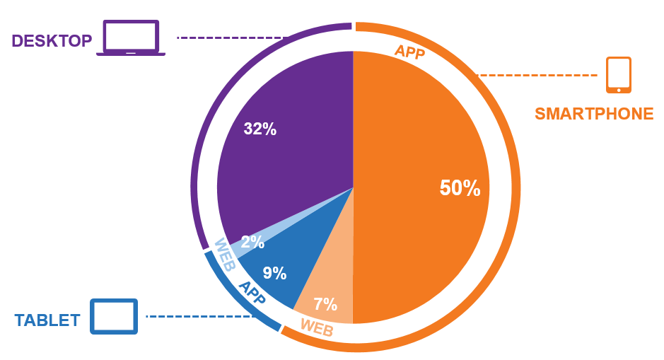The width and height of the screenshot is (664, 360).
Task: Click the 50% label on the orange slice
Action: [x=460, y=188]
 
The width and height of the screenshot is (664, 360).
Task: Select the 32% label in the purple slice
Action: [x=260, y=129]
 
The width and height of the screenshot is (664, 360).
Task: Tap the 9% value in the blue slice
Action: [x=274, y=273]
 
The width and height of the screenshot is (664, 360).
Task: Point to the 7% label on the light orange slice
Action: [x=325, y=305]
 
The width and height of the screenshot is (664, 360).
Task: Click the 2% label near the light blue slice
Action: [x=252, y=243]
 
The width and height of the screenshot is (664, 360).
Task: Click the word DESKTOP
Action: [x=52, y=41]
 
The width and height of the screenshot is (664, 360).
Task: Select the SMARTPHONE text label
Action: [x=594, y=114]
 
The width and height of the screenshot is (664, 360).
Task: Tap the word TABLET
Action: [x=47, y=320]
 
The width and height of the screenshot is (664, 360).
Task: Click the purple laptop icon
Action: [x=131, y=38]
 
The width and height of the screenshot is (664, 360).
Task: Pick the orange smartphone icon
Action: [x=619, y=75]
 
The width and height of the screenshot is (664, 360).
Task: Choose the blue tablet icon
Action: [x=114, y=316]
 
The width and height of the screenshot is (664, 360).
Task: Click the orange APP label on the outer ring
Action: [x=409, y=52]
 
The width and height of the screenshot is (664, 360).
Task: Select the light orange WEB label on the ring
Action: [x=317, y=327]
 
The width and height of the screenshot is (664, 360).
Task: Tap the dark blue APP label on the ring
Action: [x=252, y=293]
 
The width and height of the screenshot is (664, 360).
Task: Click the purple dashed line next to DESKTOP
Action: [x=230, y=37]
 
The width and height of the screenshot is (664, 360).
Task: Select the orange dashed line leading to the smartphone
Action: [x=537, y=75]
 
